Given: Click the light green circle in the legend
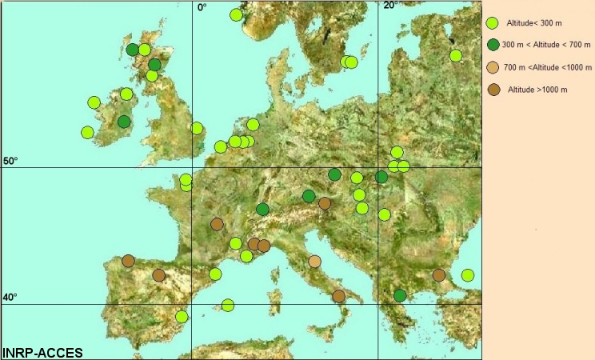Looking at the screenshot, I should pyautogui.click(x=493, y=24).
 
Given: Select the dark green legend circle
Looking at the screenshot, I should pyautogui.click(x=493, y=46).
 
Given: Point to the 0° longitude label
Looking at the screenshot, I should pyautogui.click(x=202, y=6).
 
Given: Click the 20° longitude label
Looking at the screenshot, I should pyautogui.click(x=389, y=6).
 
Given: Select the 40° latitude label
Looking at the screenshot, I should pyautogui.click(x=10, y=298).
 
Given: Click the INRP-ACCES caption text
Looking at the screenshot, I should pyautogui.click(x=42, y=352).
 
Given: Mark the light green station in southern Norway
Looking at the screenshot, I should pyautogui.click(x=236, y=14).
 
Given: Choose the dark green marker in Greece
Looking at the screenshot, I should pyautogui.click(x=400, y=296).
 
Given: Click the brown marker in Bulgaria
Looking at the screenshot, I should pyautogui.click(x=439, y=275).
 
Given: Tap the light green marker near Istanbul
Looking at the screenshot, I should pyautogui.click(x=468, y=275).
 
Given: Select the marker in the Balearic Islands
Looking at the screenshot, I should pyautogui.click(x=228, y=305).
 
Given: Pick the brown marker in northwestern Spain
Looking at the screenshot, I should pyautogui.click(x=128, y=261).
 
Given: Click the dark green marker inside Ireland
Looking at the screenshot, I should pyautogui.click(x=124, y=122).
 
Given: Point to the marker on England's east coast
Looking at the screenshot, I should pyautogui.click(x=197, y=128).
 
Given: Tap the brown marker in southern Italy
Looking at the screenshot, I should pyautogui.click(x=338, y=296).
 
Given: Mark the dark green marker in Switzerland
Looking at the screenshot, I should pyautogui.click(x=262, y=210).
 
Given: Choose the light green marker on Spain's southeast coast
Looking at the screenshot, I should pyautogui.click(x=182, y=316).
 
